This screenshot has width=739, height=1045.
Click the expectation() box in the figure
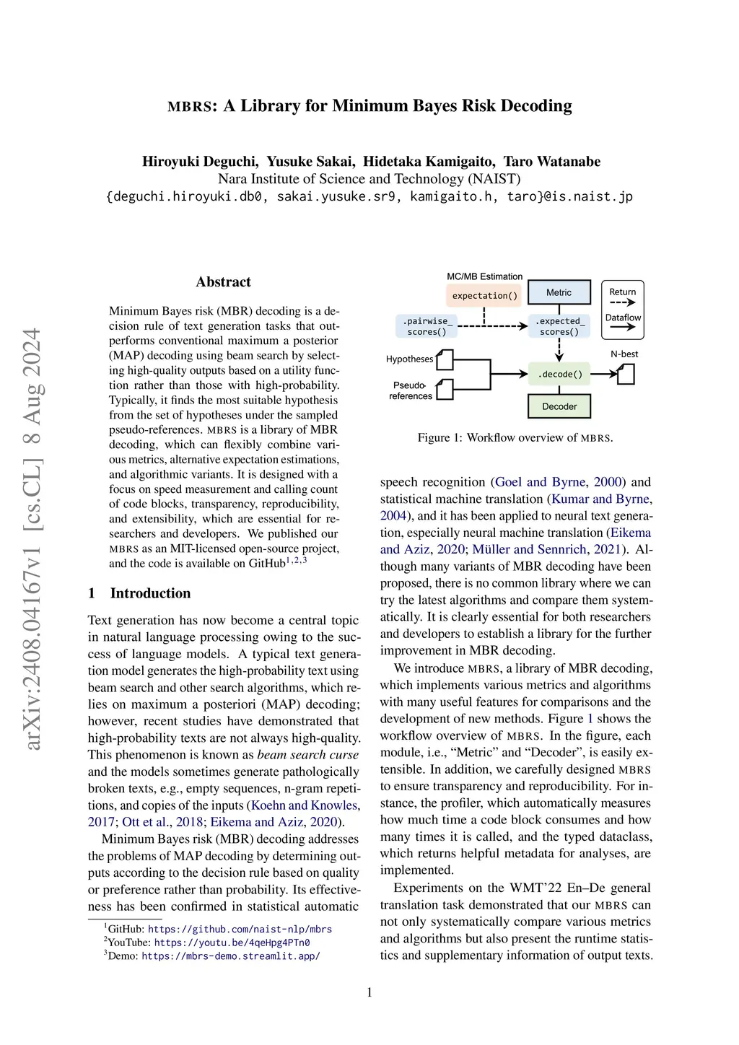484,295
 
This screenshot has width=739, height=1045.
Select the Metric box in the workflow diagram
559,292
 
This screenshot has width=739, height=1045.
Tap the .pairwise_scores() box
427,326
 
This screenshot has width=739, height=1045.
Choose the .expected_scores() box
559,326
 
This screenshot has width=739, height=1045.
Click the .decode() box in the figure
559,374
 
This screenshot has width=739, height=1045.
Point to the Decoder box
559,406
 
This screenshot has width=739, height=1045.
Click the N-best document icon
626,374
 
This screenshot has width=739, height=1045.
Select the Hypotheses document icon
445,359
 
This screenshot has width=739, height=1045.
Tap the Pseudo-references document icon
445,390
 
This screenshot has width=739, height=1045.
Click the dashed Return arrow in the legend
622,302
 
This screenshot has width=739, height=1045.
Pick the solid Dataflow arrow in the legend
622,328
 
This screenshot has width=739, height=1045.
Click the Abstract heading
223,282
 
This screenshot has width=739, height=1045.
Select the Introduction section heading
150,593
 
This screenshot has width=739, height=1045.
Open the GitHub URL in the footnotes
240,930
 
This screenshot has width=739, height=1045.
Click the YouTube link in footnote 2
232,943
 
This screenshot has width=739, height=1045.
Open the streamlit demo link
231,956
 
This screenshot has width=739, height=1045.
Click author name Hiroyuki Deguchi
199,162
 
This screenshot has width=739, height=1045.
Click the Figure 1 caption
515,438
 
